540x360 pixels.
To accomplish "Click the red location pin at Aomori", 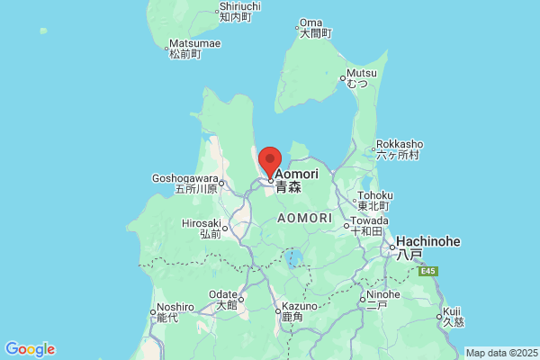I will pos(270,162).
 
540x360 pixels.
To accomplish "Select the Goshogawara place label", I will pos(185,177).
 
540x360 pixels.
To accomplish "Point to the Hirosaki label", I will pos(202,223).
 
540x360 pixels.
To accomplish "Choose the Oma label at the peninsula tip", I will pos(310,22).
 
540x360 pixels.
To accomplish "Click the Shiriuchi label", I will pos(240,7).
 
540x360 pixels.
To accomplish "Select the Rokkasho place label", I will pos(399,144).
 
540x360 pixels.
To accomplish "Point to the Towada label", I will pos(369,220).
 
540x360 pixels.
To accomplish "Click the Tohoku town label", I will pos(374,195).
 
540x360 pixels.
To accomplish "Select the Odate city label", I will pos(224,294).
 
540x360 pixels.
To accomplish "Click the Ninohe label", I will pos(382,294).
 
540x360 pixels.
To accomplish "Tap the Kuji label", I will pos(451,310).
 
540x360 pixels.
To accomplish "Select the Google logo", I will pos(30,349).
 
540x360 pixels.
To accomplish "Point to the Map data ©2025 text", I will pos(500,353).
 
